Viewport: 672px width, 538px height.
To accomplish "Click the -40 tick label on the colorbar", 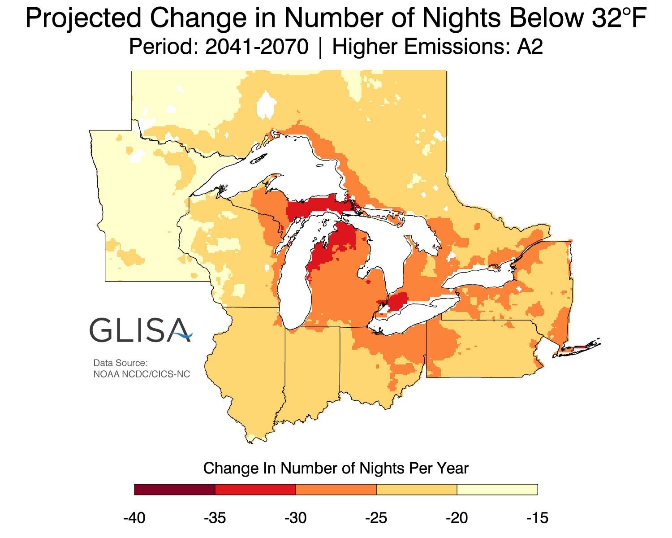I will (x=134, y=518).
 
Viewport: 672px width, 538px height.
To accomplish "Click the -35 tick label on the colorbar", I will (x=215, y=518).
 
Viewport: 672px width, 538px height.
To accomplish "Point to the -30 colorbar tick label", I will (x=295, y=518).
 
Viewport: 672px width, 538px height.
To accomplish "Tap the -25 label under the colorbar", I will (x=376, y=518).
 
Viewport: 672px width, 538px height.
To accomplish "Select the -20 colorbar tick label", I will (x=457, y=518).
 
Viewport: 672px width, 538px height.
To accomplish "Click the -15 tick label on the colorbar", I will (x=537, y=518).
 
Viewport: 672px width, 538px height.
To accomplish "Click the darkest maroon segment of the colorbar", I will (x=175, y=489).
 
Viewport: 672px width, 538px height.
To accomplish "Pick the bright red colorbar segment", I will (x=255, y=489).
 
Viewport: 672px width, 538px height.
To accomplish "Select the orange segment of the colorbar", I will (x=336, y=489).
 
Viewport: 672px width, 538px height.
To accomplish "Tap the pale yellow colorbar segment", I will (x=497, y=489).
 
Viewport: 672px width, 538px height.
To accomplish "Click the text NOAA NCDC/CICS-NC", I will (x=142, y=373).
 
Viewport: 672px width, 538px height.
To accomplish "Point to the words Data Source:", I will (x=120, y=363).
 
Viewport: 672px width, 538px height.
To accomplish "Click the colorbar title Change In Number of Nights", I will (x=336, y=468).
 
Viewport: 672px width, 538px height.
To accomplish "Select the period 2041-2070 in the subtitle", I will (x=257, y=47).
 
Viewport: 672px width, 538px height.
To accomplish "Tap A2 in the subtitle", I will (x=530, y=47).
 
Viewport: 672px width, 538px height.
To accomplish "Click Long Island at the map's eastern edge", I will (x=580, y=348).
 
